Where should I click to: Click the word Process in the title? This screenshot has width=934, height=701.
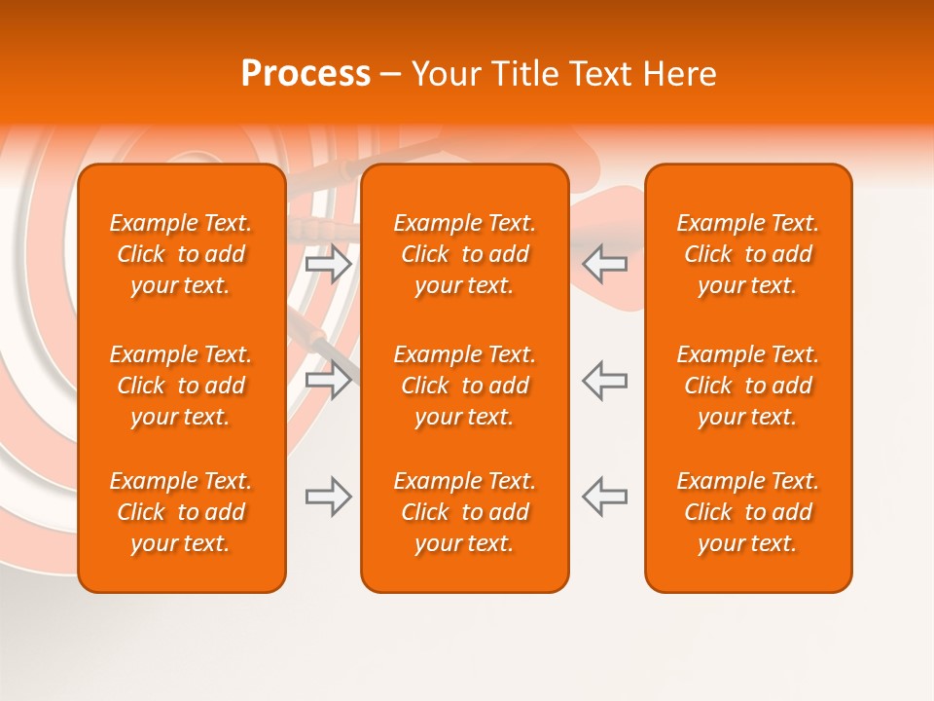coord(305,74)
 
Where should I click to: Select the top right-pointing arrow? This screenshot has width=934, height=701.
coord(329,264)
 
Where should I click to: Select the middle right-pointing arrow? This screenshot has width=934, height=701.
coord(329,381)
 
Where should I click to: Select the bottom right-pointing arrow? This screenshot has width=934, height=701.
coord(329,497)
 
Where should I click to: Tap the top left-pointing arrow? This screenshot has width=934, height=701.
coord(604,264)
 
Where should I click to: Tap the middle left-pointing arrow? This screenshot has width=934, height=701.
coord(604,381)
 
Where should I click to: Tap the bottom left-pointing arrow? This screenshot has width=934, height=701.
coord(604,497)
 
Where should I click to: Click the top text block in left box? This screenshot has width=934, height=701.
coord(181,254)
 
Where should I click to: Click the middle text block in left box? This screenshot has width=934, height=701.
coord(181,386)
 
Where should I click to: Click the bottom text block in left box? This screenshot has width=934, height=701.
coord(181,512)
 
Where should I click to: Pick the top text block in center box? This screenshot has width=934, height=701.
coord(464,254)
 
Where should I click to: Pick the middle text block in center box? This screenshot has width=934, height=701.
coord(464,386)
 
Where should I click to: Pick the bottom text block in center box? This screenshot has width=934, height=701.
coord(464,512)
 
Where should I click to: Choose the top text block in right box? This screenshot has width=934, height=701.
coord(747,254)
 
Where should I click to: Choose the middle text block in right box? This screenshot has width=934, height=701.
coord(747,386)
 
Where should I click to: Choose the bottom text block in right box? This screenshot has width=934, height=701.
coord(747,512)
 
